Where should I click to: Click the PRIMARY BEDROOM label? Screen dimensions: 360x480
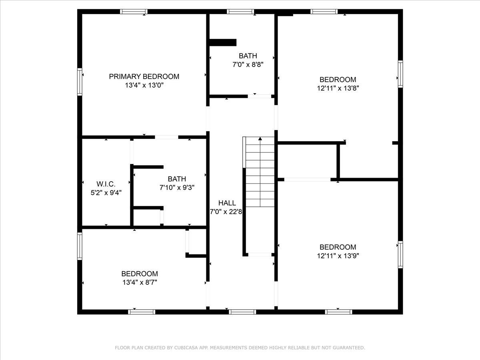pos(144,76)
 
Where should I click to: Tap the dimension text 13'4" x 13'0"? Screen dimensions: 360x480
pos(144,85)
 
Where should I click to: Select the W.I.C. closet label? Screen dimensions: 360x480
pos(106,184)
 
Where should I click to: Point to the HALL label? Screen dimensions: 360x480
pos(227,203)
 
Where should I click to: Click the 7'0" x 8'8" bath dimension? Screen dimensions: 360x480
pos(248,64)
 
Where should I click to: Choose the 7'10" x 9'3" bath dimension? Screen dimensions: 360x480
pos(177,187)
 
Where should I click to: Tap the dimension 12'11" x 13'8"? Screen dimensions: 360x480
pos(338,88)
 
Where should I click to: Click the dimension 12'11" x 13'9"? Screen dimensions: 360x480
pos(338,256)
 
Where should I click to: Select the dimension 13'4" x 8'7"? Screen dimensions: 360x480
pos(140,282)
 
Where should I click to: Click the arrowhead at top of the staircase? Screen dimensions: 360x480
pos(260,139)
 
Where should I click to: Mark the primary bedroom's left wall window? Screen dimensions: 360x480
pos(80,82)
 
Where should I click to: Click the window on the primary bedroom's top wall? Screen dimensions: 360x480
pos(134,12)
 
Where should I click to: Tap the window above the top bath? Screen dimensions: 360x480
pos(240,12)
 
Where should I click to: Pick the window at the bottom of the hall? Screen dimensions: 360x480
pos(242,312)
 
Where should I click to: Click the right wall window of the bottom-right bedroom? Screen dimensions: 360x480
pos(400,255)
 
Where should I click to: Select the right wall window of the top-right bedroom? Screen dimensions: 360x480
pos(400,74)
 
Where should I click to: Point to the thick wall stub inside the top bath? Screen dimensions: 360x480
pos(223,42)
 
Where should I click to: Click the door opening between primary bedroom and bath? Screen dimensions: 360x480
pos(166,137)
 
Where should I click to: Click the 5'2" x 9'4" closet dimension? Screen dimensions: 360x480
pos(106,192)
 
